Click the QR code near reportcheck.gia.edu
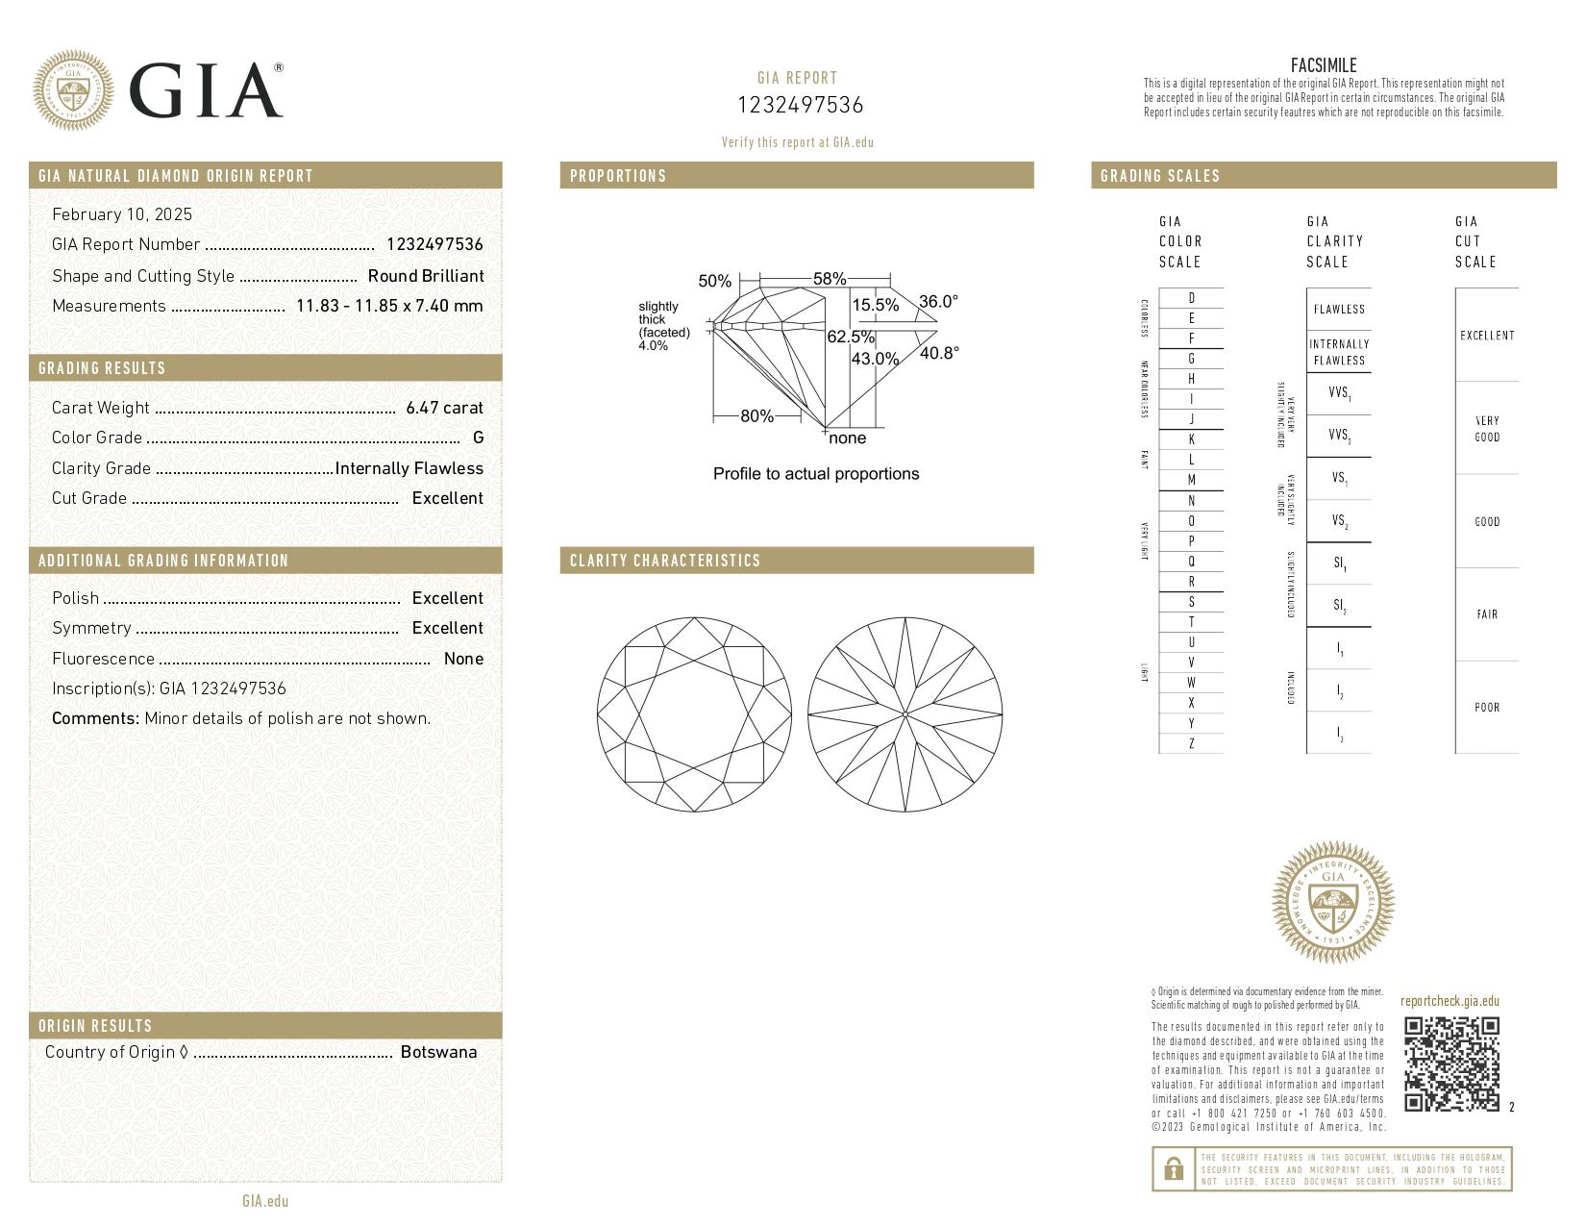pos(1450,1063)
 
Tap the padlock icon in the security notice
pos(1173,1169)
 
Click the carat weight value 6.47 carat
pos(444,408)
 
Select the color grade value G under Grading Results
pos(478,438)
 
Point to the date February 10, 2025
pos(122,214)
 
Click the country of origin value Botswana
pos(438,1052)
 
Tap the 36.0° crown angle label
pos(938,301)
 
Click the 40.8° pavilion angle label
pos(939,353)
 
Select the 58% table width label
pos(829,279)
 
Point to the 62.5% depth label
pos(850,337)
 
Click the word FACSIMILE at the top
pos(1324,65)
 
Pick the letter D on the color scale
pos(1191,298)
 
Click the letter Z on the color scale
pos(1191,743)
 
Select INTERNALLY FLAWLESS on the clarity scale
pos(1339,352)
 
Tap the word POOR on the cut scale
pos(1486,708)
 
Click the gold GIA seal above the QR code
pos(1332,902)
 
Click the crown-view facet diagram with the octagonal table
pos(694,713)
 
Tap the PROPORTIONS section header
pos(618,176)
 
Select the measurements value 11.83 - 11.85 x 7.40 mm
pos(388,306)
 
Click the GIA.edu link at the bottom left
pos(265,1201)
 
